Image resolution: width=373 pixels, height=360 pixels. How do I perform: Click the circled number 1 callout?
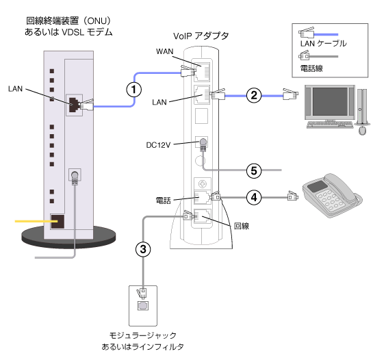coord(137,88)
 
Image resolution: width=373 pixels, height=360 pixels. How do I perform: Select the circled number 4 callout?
coord(253,197)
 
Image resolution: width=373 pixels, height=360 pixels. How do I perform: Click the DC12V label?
coord(158,145)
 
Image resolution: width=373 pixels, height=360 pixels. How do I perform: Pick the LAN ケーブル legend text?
coord(323,44)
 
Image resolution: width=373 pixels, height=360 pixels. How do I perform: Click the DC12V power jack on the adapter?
coord(202,143)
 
